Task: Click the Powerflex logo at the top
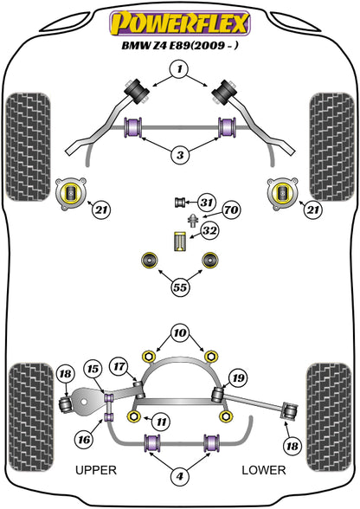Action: coord(180,23)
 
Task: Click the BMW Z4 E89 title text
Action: coord(180,45)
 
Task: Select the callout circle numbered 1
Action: coord(180,69)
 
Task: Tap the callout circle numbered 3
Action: coord(180,155)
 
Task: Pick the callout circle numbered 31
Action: coord(207,203)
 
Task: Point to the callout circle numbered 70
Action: coord(231,210)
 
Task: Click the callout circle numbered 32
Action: coord(209,231)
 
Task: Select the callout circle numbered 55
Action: coord(180,287)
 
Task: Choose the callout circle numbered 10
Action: coord(180,332)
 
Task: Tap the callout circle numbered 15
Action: coord(93,369)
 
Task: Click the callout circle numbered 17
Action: coord(119,366)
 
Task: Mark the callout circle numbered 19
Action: coord(239,377)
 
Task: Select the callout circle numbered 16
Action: coord(84,440)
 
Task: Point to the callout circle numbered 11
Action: coord(161,422)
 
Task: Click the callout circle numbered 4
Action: coord(180,476)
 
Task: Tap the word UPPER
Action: coord(96,470)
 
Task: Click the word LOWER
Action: coord(264,470)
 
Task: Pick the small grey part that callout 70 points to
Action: coord(193,221)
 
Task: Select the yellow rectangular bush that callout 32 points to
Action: coord(179,242)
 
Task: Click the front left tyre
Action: coord(29,147)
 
